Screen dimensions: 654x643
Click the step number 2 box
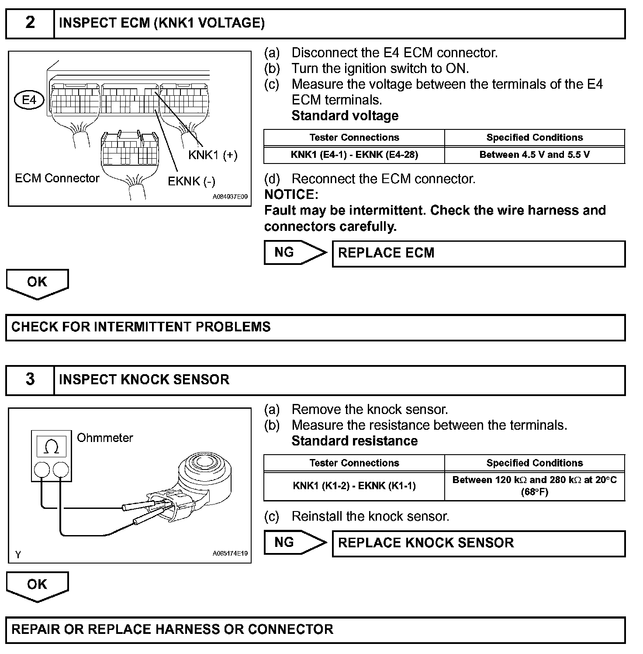coord(30,23)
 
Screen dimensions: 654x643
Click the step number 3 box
coord(30,379)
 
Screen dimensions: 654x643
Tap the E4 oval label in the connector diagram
coord(29,100)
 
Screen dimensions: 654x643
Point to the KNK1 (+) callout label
coord(213,155)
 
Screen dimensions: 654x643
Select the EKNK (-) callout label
coord(191,181)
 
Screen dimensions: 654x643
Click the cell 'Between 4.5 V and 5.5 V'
coord(534,155)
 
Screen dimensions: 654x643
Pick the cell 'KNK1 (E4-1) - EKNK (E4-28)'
coord(354,155)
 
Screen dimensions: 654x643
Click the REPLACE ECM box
coord(478,254)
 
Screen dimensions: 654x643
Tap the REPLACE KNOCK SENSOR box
coord(478,543)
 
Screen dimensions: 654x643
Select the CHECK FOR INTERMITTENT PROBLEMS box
coord(315,327)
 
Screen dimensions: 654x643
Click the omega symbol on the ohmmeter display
coord(52,446)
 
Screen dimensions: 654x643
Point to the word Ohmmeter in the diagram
coord(105,438)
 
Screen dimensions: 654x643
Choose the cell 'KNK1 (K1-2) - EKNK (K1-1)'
coord(354,486)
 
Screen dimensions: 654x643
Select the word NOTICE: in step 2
coord(291,195)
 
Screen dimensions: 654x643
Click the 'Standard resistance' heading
coord(354,441)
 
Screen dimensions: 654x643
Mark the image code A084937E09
coord(230,197)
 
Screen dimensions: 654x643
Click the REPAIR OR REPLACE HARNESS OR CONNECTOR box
coord(315,630)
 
